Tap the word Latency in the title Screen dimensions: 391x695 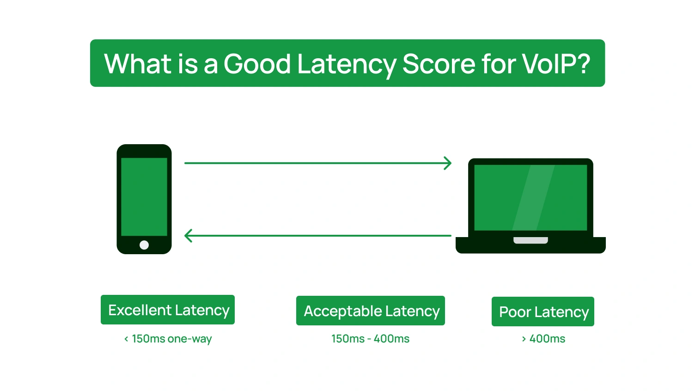[x=346, y=64]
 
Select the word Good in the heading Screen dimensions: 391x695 [x=257, y=64]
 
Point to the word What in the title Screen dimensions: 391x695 [x=138, y=64]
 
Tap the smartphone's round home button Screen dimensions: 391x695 [x=144, y=245]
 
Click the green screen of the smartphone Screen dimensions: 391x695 [x=144, y=196]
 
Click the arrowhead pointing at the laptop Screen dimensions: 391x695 [x=447, y=163]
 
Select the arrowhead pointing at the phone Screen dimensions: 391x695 [x=188, y=236]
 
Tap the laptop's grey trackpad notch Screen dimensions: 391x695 [x=530, y=240]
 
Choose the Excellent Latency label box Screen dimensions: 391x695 [x=168, y=310]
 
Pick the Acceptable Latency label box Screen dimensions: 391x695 [x=371, y=311]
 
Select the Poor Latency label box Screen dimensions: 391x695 [x=543, y=312]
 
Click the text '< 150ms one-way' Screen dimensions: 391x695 [x=168, y=339]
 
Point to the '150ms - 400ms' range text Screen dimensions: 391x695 [x=370, y=339]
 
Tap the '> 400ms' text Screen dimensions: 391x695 [x=543, y=339]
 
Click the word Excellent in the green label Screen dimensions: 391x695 [x=140, y=310]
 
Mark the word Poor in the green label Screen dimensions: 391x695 [x=515, y=312]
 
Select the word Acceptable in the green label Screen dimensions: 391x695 [x=342, y=311]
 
